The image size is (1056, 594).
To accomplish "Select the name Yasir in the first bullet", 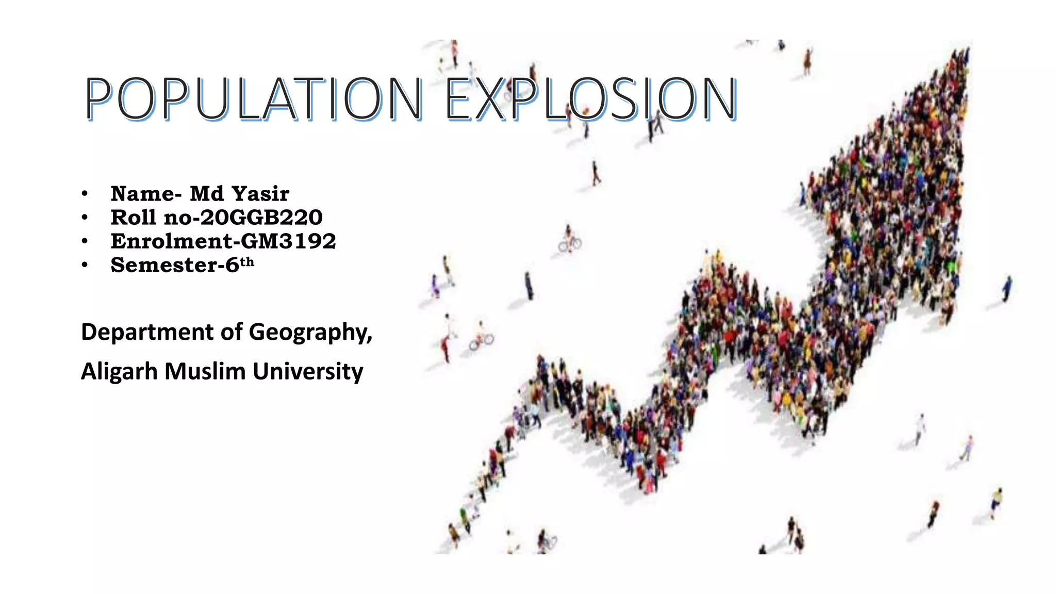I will pos(260,194).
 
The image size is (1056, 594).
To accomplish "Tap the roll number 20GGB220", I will pos(261,218).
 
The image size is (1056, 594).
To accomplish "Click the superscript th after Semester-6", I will pos(247,262).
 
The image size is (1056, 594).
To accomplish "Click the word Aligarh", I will pos(119,372).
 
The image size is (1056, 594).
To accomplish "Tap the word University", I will pos(308,372).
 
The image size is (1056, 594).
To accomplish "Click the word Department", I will pos(147,333).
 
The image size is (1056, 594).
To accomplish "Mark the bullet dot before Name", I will pos(85,194).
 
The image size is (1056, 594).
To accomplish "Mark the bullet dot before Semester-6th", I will pos(85,266).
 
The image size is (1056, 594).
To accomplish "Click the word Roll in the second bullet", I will pos(134,218).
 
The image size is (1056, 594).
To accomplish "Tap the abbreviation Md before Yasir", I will pos(207,194).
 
